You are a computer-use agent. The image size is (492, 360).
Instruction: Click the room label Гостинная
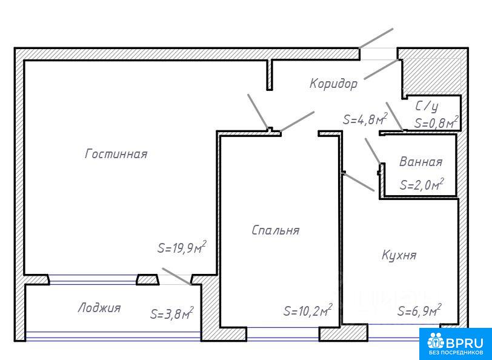(116, 154)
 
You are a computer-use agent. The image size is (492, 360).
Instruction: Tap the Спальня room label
(276, 230)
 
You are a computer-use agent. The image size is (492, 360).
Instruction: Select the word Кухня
(399, 255)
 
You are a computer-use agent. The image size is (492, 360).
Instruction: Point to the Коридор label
(333, 84)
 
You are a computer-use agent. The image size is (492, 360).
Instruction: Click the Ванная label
(421, 162)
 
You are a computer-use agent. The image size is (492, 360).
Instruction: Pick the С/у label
(427, 107)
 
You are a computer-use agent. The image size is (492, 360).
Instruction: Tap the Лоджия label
(99, 308)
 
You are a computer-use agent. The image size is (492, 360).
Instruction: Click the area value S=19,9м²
(182, 248)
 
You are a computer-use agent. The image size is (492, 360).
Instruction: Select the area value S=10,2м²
(308, 310)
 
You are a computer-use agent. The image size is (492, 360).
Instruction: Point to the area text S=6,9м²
(419, 310)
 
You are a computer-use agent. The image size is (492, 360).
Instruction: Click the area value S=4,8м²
(365, 119)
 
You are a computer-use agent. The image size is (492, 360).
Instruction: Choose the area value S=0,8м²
(436, 122)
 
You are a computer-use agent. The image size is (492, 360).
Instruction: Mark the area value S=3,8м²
(171, 313)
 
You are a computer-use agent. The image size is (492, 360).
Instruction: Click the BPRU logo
(456, 344)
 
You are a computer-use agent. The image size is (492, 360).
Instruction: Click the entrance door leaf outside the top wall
(376, 38)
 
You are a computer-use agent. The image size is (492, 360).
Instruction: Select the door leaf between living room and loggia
(177, 276)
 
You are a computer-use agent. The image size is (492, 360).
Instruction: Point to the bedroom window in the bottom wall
(283, 334)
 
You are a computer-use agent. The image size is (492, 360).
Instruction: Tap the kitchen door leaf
(359, 181)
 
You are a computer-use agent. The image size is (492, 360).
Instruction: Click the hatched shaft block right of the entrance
(432, 75)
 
